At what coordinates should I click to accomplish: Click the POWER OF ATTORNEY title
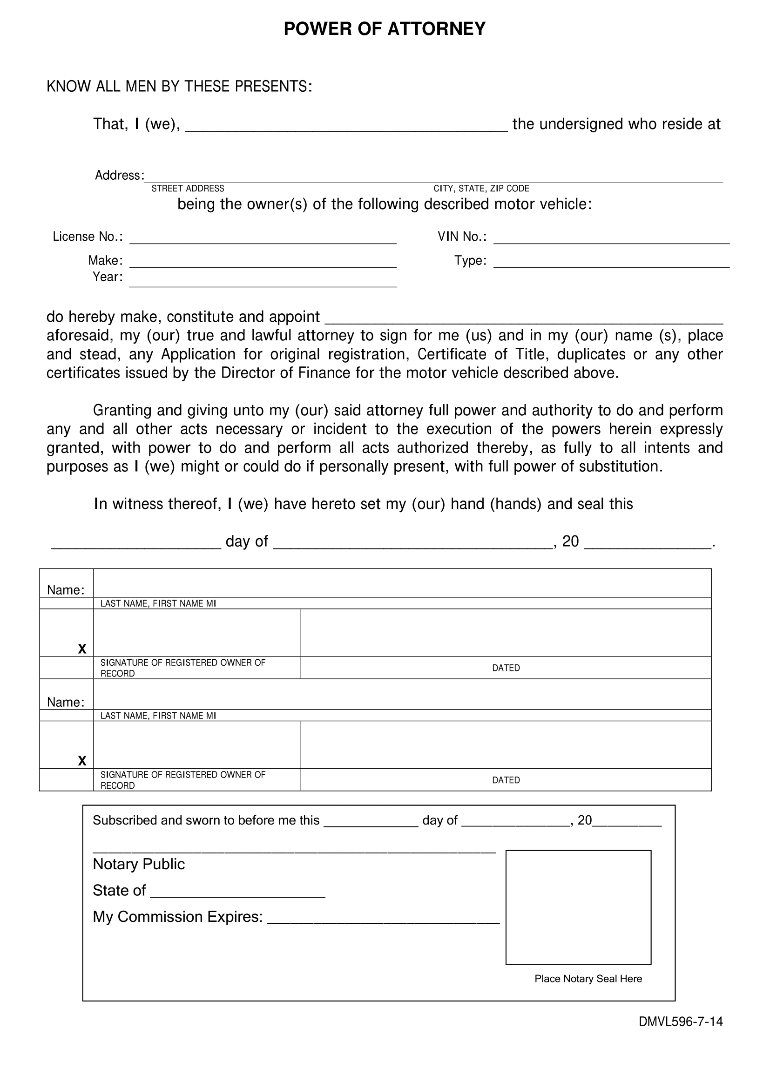[385, 29]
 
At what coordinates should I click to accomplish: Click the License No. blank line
[263, 240]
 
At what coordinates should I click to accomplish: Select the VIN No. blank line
[611, 240]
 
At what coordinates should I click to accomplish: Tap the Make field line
[263, 264]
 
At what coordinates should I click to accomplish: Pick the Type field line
[611, 264]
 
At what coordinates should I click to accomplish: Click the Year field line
[263, 283]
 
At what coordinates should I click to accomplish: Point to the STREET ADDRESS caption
[188, 188]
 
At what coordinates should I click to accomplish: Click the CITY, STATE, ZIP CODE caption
[481, 188]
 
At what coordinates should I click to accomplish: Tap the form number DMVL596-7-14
[681, 1035]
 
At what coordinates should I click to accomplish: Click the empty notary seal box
[579, 907]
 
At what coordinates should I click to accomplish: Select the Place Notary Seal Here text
[588, 979]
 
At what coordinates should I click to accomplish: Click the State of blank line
[237, 894]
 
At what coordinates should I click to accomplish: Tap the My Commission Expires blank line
[383, 920]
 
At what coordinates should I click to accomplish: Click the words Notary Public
[138, 864]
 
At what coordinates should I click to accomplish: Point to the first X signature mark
[82, 649]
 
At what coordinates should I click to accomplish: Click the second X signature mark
[82, 761]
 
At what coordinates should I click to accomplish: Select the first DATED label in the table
[506, 668]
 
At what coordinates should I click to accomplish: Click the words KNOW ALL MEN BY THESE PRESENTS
[179, 86]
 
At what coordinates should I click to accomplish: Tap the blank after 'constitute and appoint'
[523, 320]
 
